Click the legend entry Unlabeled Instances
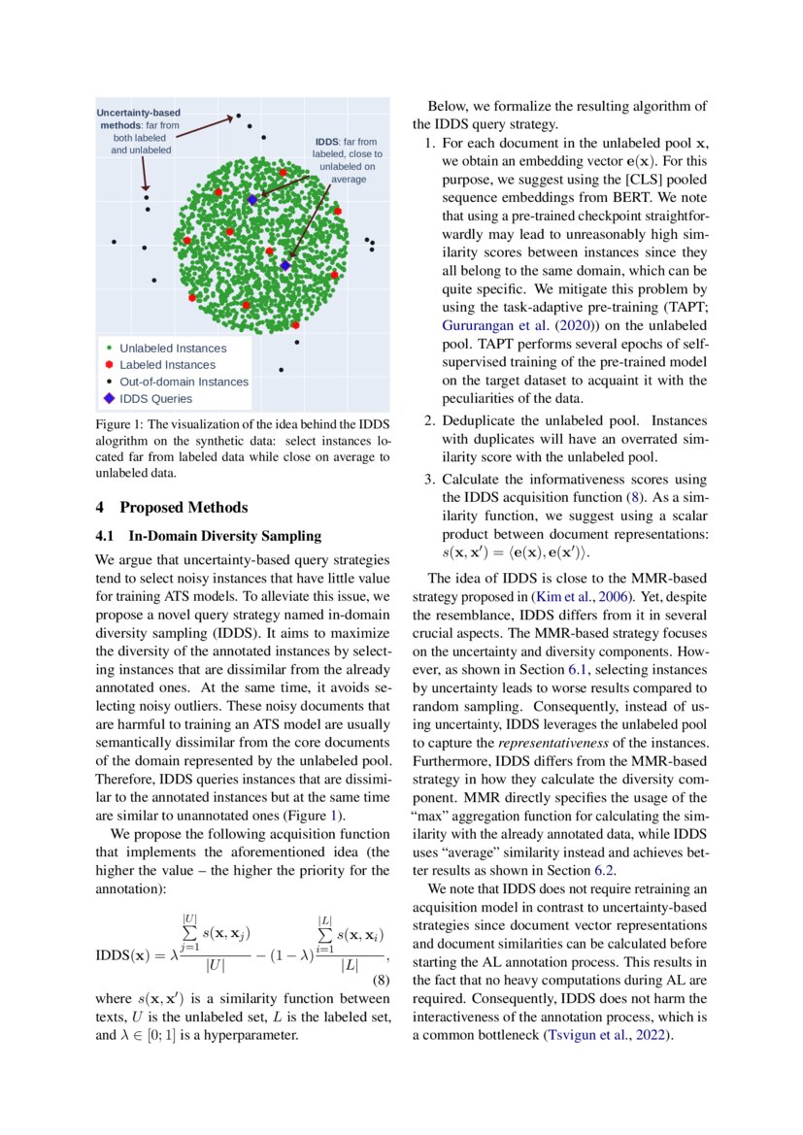click(x=172, y=348)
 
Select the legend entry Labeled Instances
click(x=167, y=365)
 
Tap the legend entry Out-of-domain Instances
click(x=184, y=382)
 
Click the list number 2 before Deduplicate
click(x=430, y=420)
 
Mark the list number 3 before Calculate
click(x=430, y=480)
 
